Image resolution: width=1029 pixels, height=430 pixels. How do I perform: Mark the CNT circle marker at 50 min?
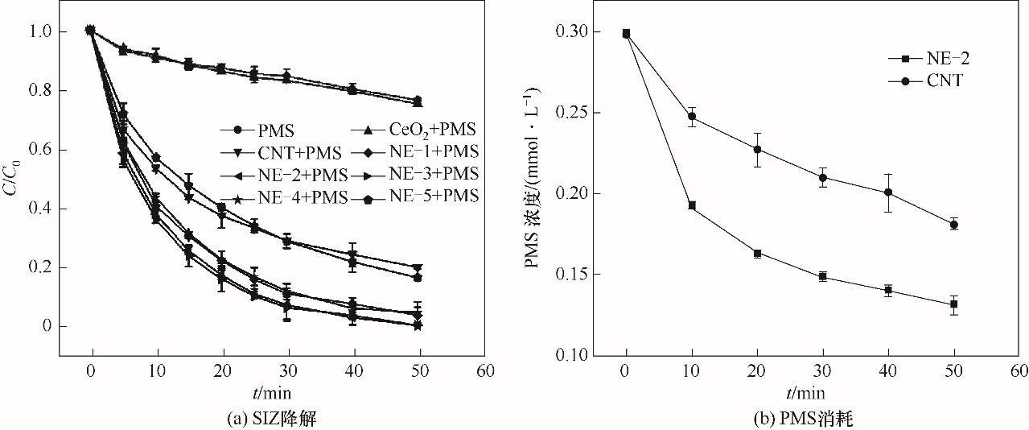pyautogui.click(x=954, y=225)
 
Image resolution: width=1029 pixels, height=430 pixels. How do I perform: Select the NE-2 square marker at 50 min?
pyautogui.click(x=954, y=304)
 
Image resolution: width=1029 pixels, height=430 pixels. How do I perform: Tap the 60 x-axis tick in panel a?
pyautogui.click(x=485, y=372)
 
